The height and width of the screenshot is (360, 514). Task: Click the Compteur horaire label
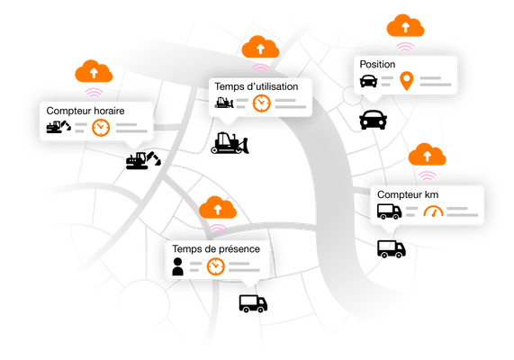pos(86,111)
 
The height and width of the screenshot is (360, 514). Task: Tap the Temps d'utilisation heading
pos(257,86)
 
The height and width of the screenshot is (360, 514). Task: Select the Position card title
pos(377,64)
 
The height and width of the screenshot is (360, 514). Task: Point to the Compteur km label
pos(408,194)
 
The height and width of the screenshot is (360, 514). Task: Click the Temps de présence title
pos(216,249)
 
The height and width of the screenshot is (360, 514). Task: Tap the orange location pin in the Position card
pos(407,81)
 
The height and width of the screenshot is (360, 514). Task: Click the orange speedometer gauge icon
pos(433,211)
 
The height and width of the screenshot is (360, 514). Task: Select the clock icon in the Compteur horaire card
pos(101,128)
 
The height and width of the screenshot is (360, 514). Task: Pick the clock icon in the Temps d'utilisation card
pos(262,103)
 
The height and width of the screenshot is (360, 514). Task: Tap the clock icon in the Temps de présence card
pos(216,266)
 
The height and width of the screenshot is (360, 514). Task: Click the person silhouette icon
pos(177,266)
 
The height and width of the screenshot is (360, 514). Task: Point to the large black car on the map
pos(373,120)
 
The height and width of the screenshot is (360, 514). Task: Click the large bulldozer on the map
pos(230,143)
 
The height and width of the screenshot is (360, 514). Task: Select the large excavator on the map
pos(143,160)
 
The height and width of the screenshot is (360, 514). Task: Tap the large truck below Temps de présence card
pos(253,303)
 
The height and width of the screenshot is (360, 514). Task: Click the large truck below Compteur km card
pos(392,249)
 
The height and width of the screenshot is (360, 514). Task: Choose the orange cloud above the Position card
pos(405,25)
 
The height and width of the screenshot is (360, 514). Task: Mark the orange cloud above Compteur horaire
pos(94,71)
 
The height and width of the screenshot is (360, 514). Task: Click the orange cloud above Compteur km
pos(427,154)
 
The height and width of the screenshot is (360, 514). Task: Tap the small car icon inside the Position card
pos(368,81)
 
